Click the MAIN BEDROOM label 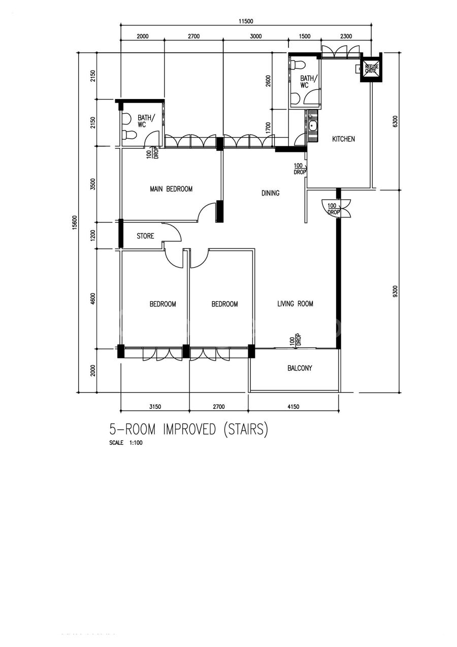[x=171, y=189]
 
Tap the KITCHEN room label [x=343, y=139]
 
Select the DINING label [x=270, y=193]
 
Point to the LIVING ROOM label [x=295, y=304]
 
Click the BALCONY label [x=300, y=368]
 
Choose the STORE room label [x=145, y=236]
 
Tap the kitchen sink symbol [x=312, y=126]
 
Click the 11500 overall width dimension [x=246, y=21]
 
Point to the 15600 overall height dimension [x=75, y=222]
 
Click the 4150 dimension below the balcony [x=293, y=407]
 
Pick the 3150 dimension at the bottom [x=155, y=407]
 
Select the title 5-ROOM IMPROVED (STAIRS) [x=188, y=429]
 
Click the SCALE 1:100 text [x=125, y=442]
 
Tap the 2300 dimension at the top [x=346, y=36]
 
